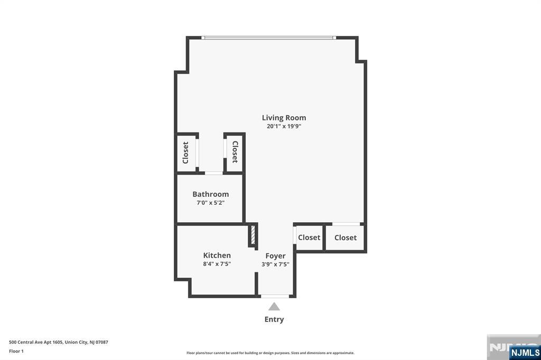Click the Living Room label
tap(284, 118)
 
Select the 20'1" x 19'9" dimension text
tap(284, 127)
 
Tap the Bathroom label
tap(210, 194)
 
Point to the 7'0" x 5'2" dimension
tap(210, 203)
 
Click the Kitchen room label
tap(217, 255)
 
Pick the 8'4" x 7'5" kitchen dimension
tap(217, 264)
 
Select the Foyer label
tap(275, 256)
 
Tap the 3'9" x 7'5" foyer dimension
tap(275, 264)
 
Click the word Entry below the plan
tap(274, 319)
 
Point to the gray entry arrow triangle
tap(274, 307)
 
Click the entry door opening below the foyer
tap(275, 296)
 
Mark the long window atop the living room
tap(268, 37)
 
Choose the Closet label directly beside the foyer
tap(309, 238)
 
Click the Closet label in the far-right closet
tap(346, 238)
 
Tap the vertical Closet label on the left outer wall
tap(185, 153)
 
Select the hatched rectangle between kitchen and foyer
tap(253, 235)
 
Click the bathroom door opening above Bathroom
tap(213, 173)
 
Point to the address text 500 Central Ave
tap(59, 342)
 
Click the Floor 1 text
tap(16, 351)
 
